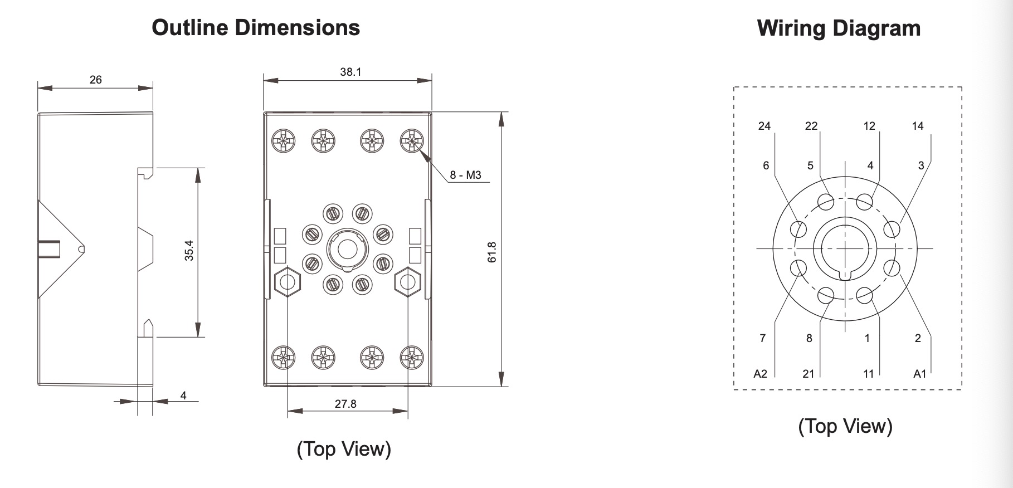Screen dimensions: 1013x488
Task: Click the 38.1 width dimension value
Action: [x=350, y=72]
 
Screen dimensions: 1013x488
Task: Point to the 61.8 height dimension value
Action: [x=491, y=252]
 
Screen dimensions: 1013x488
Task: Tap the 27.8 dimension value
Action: [x=345, y=404]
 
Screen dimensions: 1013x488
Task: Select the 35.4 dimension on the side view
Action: [x=189, y=251]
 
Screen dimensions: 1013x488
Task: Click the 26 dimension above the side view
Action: [x=96, y=80]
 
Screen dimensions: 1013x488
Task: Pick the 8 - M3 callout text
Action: [x=465, y=175]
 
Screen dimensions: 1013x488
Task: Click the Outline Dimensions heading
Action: [x=256, y=27]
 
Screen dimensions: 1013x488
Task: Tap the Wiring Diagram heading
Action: [x=839, y=28]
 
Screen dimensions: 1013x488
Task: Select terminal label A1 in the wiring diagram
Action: [x=919, y=374]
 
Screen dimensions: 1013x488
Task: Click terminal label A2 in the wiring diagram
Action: [x=760, y=374]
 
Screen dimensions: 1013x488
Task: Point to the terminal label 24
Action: [x=764, y=126]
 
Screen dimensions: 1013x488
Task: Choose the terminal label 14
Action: [x=918, y=126]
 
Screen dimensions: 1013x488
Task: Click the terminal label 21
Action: [x=809, y=374]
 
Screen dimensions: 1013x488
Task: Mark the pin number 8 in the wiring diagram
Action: [x=809, y=338]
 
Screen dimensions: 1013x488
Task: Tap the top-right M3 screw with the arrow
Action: [x=412, y=140]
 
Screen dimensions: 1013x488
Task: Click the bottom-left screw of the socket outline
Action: [x=284, y=357]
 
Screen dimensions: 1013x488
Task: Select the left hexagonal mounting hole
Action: [x=288, y=282]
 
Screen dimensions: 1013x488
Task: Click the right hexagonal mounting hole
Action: [x=407, y=282]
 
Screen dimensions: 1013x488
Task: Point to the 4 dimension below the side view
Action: [x=183, y=396]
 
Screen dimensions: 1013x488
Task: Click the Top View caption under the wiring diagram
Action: [x=845, y=426]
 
